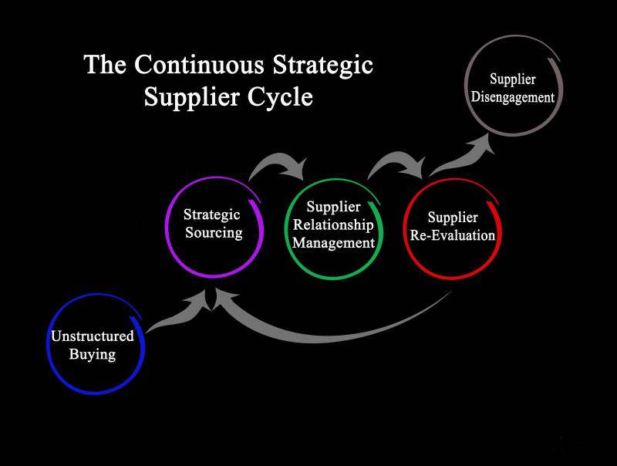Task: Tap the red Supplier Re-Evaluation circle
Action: tap(452, 227)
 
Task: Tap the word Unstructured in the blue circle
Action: tap(93, 336)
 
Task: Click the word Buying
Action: tap(93, 355)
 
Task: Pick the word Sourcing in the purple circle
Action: tap(214, 232)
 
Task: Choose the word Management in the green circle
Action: tap(333, 243)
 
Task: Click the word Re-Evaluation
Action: tap(452, 235)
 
